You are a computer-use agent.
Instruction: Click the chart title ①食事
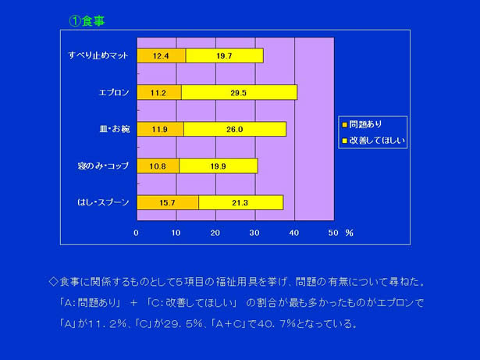coord(87,21)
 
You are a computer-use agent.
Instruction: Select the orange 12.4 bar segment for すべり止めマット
coord(162,55)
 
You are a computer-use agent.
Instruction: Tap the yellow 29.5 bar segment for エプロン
coord(239,92)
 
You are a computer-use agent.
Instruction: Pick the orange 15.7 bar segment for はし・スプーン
coord(168,202)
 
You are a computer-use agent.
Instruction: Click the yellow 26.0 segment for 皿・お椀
coord(235,129)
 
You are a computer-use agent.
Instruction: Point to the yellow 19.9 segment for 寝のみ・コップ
coord(219,166)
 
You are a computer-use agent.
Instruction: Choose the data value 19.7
coord(224,55)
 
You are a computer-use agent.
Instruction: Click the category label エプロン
coord(114,92)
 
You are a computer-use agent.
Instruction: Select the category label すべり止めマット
coord(98,55)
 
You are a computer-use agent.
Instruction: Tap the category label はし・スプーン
coord(103,202)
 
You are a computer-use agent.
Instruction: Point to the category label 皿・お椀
coord(115,129)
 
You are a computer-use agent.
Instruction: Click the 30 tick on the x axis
coord(254,233)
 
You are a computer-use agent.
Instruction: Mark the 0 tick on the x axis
coord(137,233)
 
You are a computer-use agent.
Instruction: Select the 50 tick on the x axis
coord(333,233)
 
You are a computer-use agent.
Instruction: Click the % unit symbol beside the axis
coord(350,233)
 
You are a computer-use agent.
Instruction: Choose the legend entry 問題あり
coord(362,124)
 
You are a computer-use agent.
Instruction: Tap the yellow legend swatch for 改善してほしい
coord(344,141)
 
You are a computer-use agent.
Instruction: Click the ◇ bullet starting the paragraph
coord(53,282)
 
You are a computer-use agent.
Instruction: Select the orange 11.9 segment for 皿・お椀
coord(161,129)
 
